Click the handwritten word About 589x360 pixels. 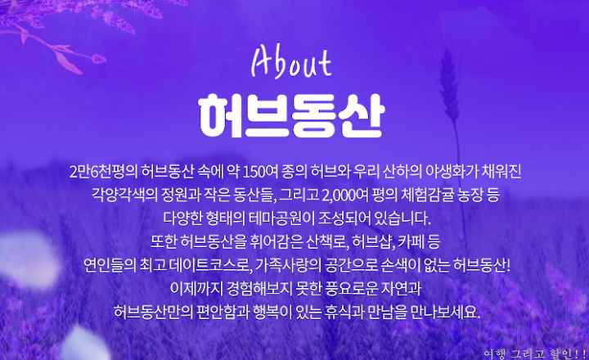291,63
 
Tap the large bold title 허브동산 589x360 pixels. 291,115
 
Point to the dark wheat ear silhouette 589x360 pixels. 449,87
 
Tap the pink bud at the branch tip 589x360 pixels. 99,58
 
